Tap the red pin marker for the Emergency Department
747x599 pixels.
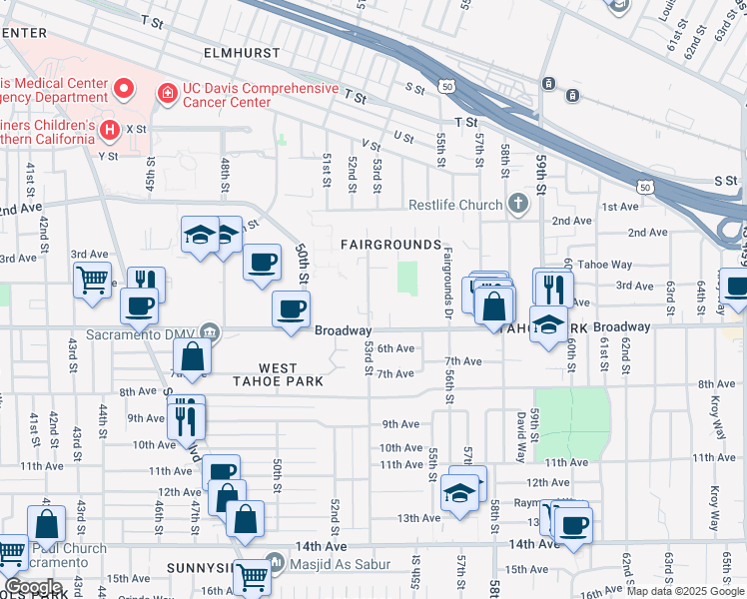tap(125, 89)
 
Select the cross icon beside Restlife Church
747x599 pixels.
tap(517, 205)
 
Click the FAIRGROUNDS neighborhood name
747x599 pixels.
tap(390, 245)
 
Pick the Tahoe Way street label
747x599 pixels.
tap(608, 265)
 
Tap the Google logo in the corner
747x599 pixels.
tap(33, 587)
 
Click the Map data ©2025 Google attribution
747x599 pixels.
tap(685, 591)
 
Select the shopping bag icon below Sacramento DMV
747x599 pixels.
tap(192, 355)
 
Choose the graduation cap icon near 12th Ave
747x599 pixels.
tap(459, 492)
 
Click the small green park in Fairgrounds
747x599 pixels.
tap(407, 278)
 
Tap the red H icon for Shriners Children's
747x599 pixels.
tap(110, 129)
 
